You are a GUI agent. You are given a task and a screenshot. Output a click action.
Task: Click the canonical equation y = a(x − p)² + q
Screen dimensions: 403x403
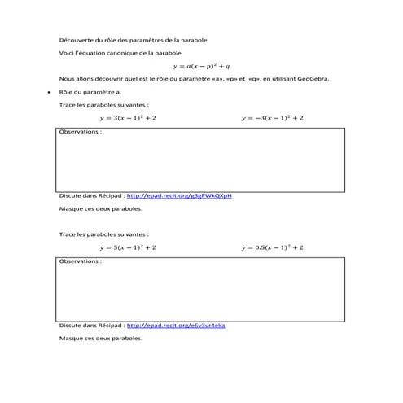202,66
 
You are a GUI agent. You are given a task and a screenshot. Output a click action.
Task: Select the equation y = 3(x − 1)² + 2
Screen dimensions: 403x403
128,118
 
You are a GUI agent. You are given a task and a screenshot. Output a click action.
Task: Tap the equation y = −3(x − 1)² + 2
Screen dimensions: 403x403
273,118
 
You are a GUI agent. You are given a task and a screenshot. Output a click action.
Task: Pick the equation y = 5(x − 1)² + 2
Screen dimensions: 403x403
128,247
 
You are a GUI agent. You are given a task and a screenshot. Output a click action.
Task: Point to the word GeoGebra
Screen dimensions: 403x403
313,79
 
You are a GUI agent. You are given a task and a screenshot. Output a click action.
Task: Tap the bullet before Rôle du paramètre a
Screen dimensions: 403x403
50,92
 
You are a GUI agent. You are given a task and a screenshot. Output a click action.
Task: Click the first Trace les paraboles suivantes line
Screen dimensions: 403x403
104,105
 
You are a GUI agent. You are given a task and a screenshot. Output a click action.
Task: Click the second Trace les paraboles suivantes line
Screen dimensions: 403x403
104,234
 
